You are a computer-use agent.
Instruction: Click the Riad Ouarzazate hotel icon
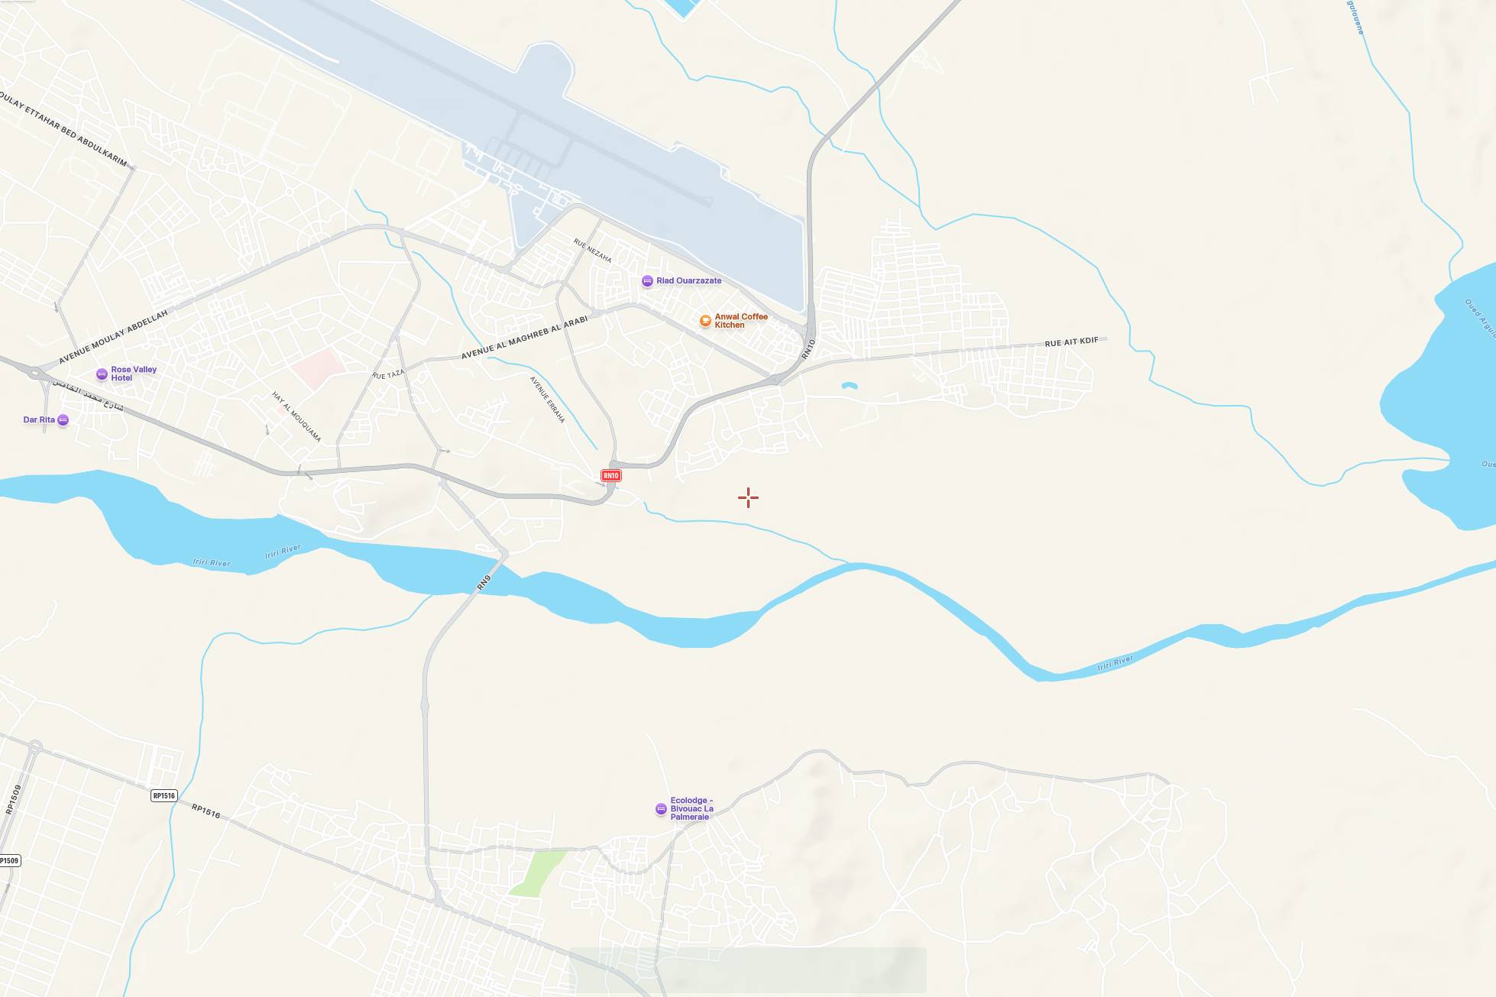tap(647, 281)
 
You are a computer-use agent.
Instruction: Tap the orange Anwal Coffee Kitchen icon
tap(705, 321)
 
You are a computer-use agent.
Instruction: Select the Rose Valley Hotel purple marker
tap(102, 374)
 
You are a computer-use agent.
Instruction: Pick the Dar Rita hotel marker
tap(63, 420)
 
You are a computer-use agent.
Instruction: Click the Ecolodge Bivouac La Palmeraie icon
tap(661, 809)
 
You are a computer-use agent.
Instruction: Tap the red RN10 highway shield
tap(610, 476)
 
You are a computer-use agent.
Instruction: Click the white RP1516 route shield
tap(164, 796)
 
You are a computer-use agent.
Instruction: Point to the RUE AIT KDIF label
tap(1071, 342)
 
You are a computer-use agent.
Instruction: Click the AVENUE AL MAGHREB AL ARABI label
tap(524, 338)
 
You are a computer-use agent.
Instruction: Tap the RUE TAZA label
tap(388, 374)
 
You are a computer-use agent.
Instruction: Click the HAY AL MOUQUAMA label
tap(296, 416)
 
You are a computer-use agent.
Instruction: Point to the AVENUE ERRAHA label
tap(547, 400)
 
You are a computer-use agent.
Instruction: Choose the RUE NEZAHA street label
tap(592, 251)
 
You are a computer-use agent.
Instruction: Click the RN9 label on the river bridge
tap(484, 582)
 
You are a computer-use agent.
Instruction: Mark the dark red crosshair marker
tap(748, 498)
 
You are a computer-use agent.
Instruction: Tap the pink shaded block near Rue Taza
tap(316, 368)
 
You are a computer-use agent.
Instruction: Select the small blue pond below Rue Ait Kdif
tap(849, 386)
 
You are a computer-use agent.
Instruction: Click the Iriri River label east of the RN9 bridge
tap(1115, 663)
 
